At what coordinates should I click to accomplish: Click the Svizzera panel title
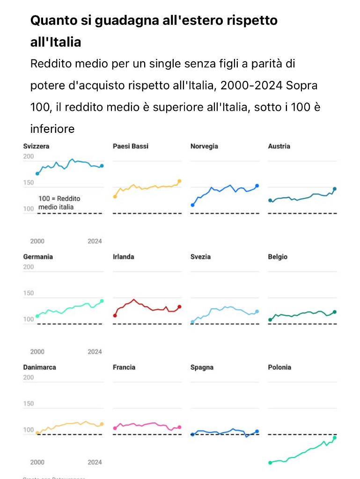point(36,146)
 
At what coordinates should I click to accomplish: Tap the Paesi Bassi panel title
point(131,146)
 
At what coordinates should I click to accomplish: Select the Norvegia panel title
point(204,146)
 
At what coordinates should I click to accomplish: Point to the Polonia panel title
point(279,367)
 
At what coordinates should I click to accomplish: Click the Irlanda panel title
point(124,257)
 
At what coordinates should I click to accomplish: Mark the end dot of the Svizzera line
point(102,166)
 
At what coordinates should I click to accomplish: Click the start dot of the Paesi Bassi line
point(115,196)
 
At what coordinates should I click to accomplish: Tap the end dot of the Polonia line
point(335,438)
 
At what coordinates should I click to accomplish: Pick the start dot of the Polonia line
point(270,463)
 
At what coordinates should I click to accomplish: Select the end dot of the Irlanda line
point(179,307)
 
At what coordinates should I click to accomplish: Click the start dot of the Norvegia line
point(192,205)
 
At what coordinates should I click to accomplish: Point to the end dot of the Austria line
point(335,189)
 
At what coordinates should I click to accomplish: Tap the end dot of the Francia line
point(179,427)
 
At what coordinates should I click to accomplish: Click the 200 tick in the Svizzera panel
point(29,156)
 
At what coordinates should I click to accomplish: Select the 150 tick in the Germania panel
point(29,293)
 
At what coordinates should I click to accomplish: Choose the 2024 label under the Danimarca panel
point(95,462)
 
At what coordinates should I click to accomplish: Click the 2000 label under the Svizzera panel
point(37,241)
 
